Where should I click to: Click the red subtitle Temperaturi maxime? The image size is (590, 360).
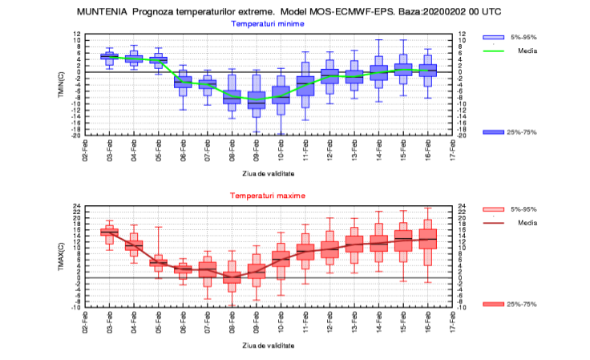click(268, 196)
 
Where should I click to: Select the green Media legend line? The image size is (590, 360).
click(495, 51)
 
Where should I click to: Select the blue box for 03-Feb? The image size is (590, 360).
click(109, 56)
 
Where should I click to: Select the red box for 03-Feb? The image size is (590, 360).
click(109, 232)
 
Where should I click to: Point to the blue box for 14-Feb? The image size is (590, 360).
click(379, 73)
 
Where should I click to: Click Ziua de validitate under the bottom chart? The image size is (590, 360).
click(268, 345)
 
